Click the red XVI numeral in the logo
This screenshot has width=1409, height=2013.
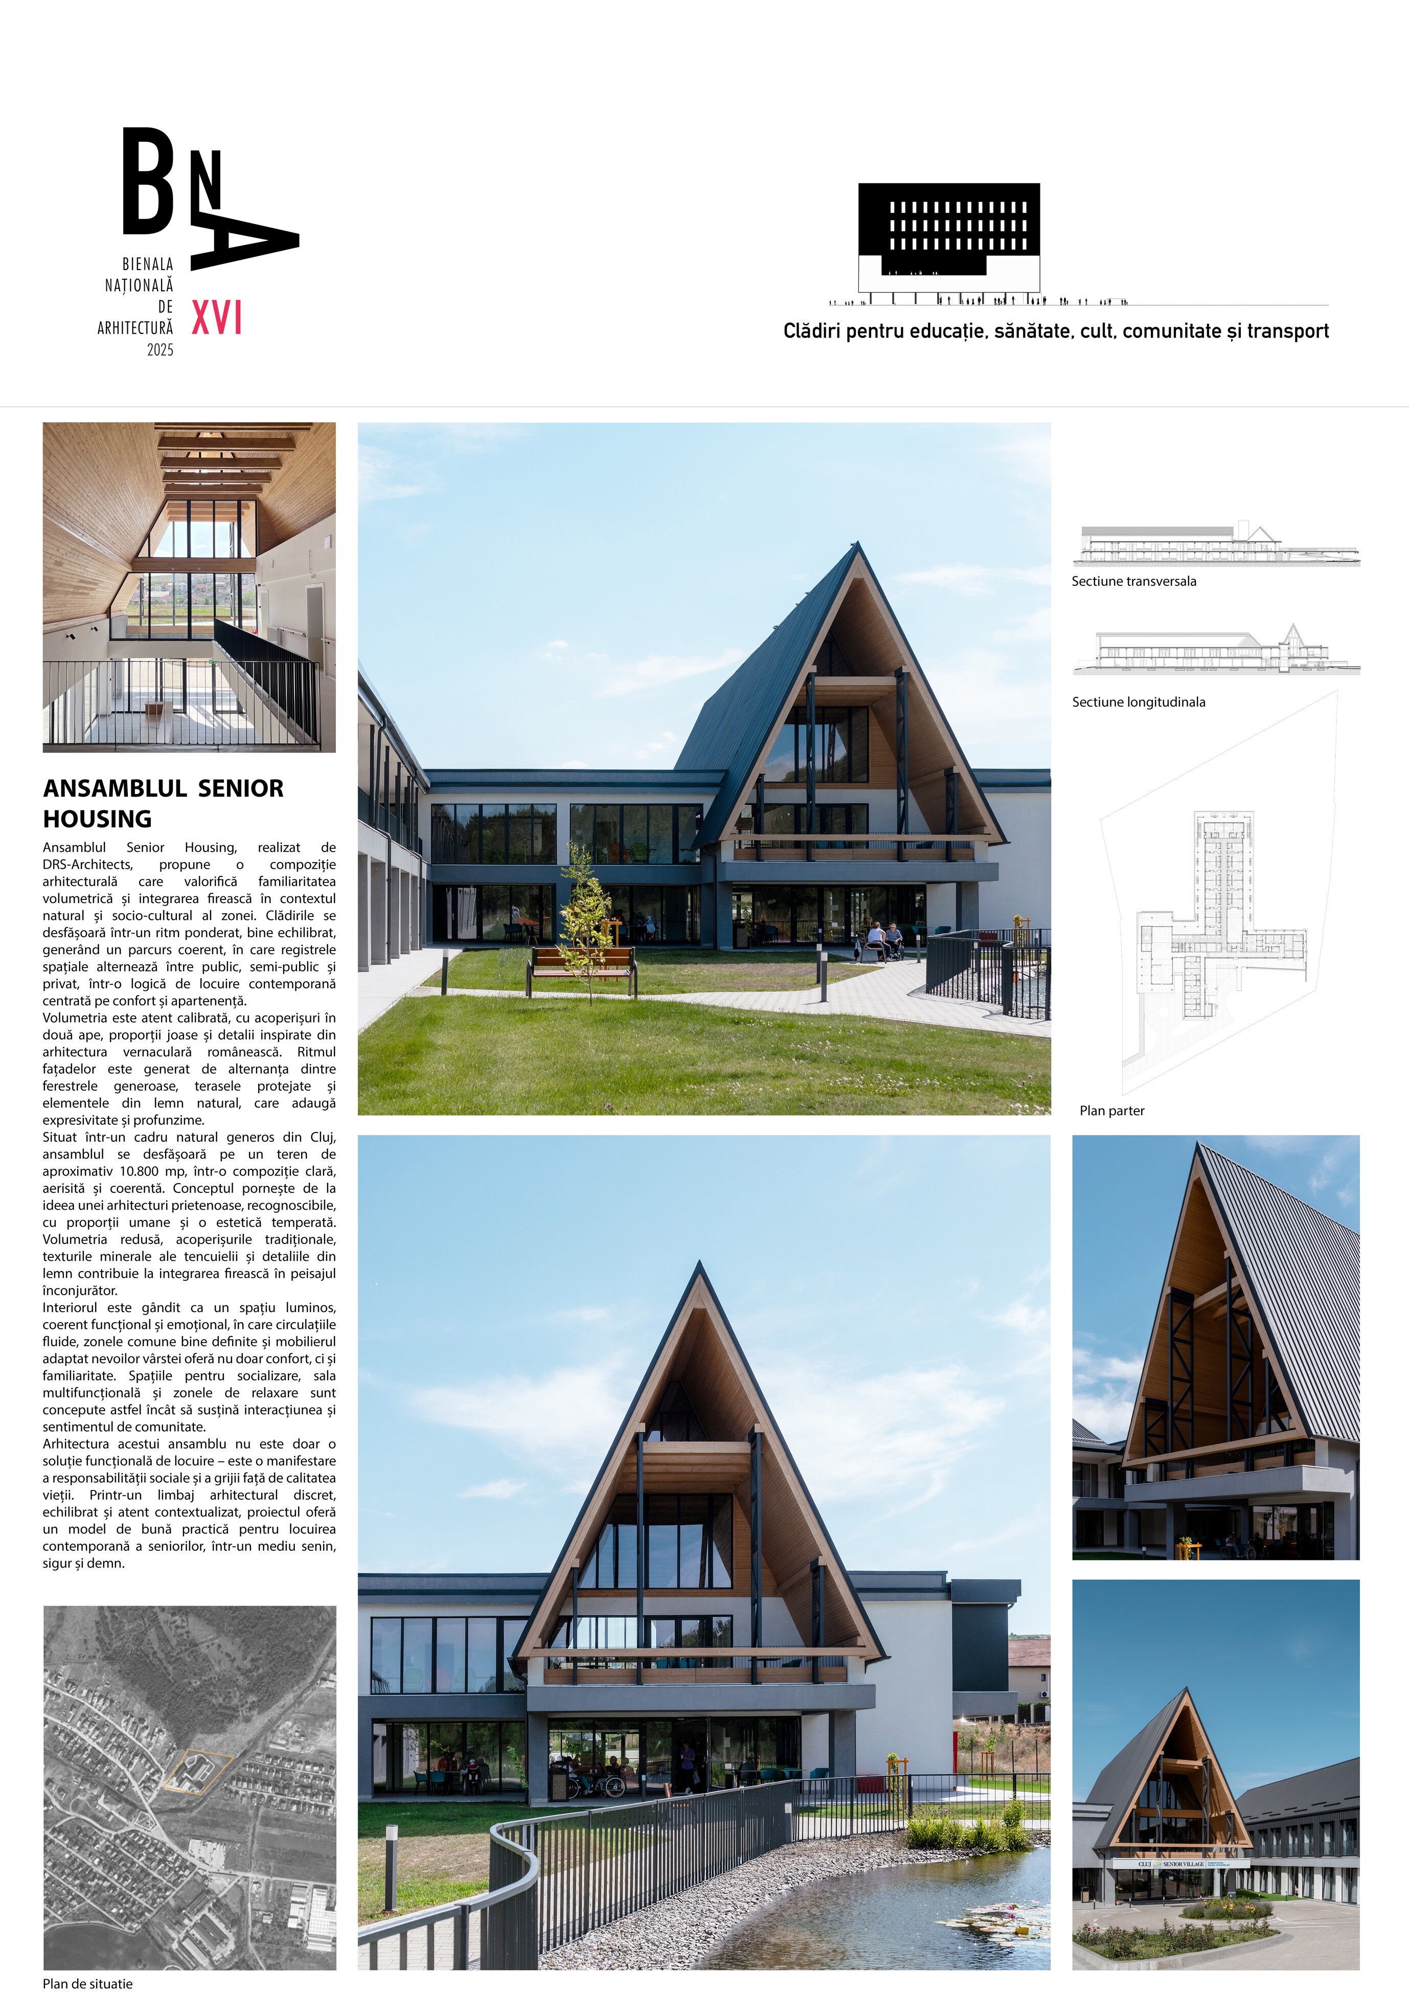tap(217, 318)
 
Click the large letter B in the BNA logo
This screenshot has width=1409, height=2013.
tap(147, 182)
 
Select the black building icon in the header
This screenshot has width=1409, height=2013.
tap(949, 237)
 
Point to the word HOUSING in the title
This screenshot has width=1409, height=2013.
tap(97, 819)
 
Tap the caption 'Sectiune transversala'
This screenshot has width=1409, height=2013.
tap(1133, 581)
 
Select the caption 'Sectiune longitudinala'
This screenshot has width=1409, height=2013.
tap(1138, 702)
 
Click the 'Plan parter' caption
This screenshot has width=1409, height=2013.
tap(1112, 1111)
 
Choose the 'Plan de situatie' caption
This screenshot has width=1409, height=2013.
tap(87, 1983)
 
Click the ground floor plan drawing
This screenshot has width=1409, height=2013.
tap(1219, 920)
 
